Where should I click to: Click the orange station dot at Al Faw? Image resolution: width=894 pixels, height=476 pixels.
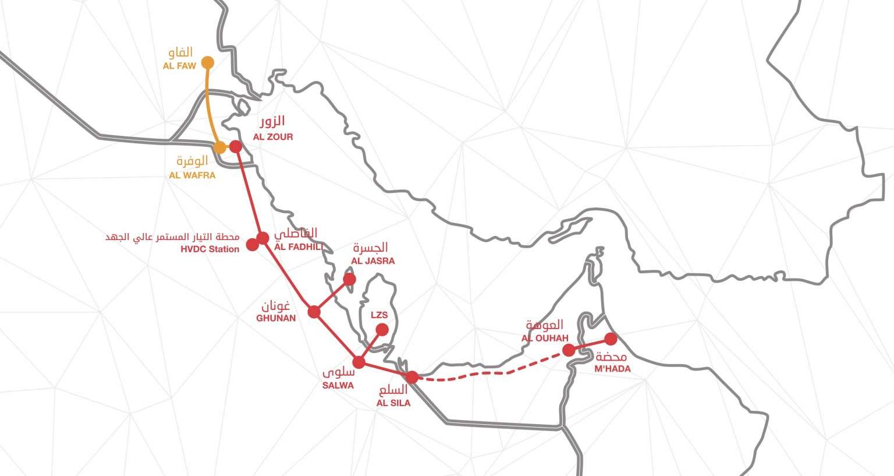point(207,62)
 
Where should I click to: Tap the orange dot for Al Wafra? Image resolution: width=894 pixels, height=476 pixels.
point(219,147)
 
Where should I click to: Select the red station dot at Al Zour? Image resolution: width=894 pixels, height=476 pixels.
point(236,146)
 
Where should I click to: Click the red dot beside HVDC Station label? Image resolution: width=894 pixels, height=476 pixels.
point(252,245)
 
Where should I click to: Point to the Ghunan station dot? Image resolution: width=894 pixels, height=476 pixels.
point(314,312)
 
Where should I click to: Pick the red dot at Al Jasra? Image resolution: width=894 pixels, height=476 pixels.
point(349,280)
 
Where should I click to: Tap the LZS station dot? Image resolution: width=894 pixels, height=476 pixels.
point(382,330)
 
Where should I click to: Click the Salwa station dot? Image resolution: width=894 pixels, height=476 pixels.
point(359,362)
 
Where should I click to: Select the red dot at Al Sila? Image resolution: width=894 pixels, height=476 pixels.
point(411,377)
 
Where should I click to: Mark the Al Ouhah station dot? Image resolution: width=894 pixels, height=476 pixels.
point(569,350)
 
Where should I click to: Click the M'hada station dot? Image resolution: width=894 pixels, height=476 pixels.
point(611,339)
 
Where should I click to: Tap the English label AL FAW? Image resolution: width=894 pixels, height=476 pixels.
point(179,66)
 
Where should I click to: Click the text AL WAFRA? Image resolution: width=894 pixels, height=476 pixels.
point(192,175)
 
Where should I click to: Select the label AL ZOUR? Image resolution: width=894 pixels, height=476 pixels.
point(272,137)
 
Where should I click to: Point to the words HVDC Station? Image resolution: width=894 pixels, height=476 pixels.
point(210,249)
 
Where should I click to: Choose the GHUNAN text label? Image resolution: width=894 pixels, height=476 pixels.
point(276,318)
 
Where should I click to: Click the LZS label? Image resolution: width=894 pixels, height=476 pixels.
point(379,315)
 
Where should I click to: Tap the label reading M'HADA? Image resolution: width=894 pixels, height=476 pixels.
point(612,368)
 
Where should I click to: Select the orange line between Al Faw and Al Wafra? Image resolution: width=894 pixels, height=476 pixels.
point(211,105)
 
